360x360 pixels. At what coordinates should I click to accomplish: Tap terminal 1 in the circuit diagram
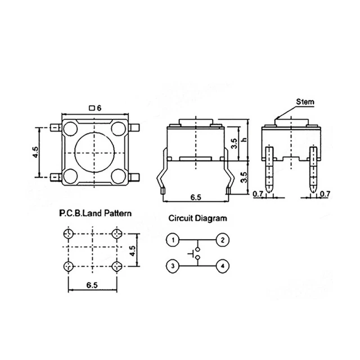click(x=174, y=241)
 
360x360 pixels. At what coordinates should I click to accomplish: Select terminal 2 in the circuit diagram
click(x=222, y=241)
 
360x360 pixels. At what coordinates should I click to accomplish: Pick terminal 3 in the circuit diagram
click(x=174, y=265)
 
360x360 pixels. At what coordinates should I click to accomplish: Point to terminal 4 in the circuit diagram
click(x=222, y=265)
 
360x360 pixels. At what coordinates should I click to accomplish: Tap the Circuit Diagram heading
click(x=198, y=218)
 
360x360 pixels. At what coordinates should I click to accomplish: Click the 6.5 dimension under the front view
click(x=196, y=198)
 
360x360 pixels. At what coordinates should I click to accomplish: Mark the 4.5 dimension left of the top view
click(x=35, y=152)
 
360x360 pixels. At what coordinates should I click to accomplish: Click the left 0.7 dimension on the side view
click(x=258, y=195)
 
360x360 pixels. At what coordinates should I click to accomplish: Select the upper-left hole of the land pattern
click(x=69, y=233)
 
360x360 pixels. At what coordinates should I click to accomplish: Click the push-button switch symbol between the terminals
click(x=197, y=253)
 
